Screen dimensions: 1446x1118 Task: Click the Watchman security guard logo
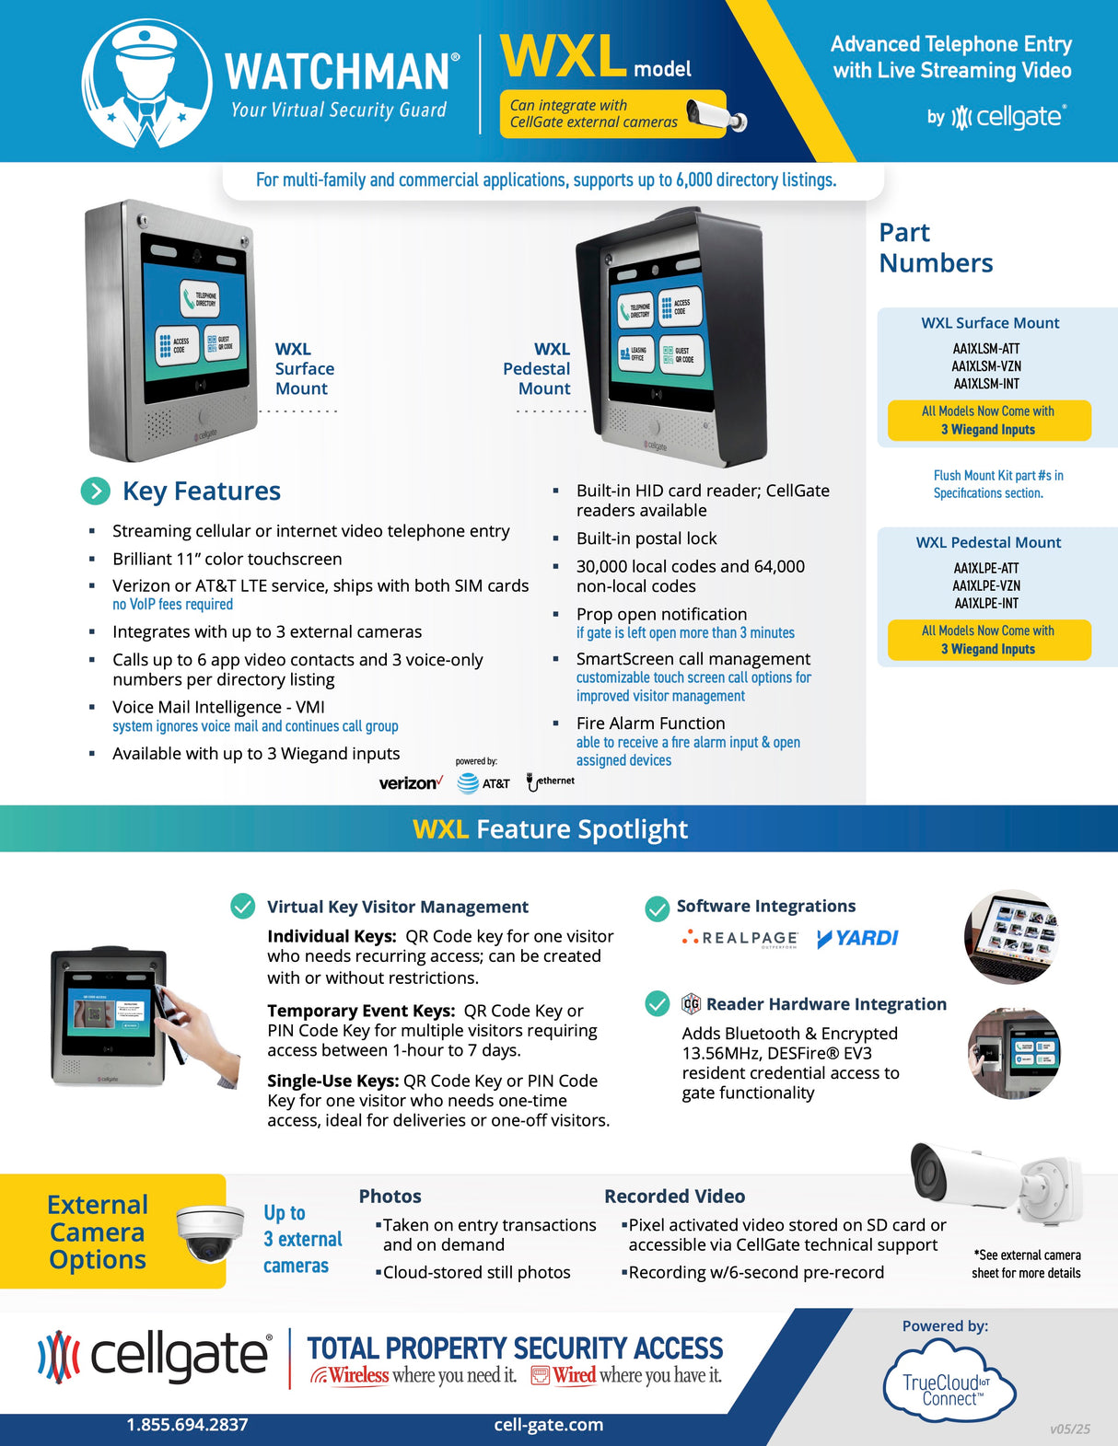coord(146,83)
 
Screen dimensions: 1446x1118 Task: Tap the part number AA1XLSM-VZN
coord(986,366)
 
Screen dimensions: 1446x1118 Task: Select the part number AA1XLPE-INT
coord(986,604)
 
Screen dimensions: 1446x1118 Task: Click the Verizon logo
coord(411,783)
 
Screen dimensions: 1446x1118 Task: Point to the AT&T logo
coord(483,783)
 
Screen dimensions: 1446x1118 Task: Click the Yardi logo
coord(857,938)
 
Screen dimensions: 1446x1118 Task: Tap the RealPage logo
coord(740,938)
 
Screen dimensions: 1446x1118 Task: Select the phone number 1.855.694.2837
coord(187,1425)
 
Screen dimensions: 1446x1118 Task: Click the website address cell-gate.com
coord(549,1425)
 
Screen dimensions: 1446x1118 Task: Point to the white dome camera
coord(209,1232)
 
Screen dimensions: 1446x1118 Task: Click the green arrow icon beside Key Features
coord(95,492)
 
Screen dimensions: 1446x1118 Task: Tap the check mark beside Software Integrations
coord(658,908)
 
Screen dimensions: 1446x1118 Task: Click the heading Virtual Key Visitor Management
coord(398,907)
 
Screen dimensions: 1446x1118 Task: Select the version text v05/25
coord(1069,1429)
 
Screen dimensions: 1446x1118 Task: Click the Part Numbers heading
coord(935,248)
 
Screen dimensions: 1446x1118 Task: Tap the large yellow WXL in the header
coord(564,57)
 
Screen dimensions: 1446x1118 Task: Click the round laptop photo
coord(1012,937)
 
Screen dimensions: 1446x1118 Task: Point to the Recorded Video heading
coord(674,1197)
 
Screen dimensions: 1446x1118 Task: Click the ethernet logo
coord(551,781)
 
